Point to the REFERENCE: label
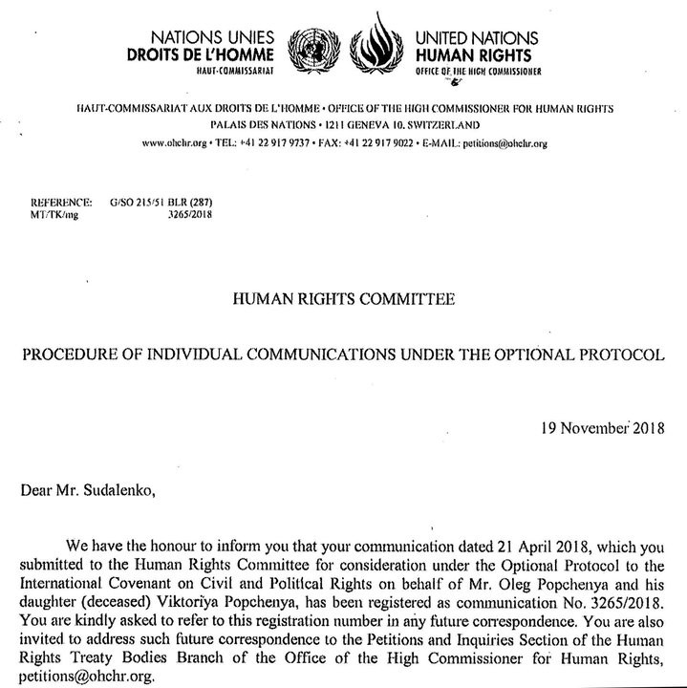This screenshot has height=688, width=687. click(62, 204)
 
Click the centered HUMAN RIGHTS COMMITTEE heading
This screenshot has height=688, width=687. click(343, 299)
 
